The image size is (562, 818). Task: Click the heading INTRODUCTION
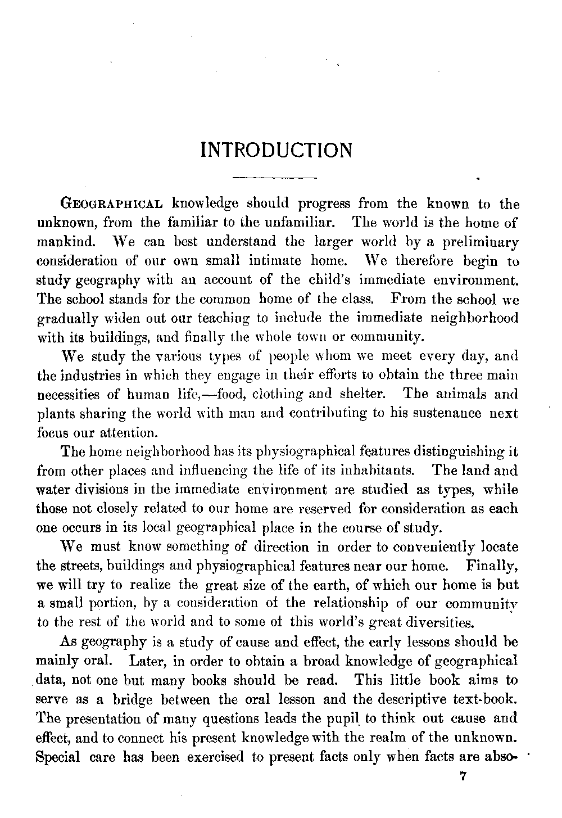(277, 151)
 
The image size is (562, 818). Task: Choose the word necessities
(72, 395)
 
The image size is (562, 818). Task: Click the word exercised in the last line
(215, 757)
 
